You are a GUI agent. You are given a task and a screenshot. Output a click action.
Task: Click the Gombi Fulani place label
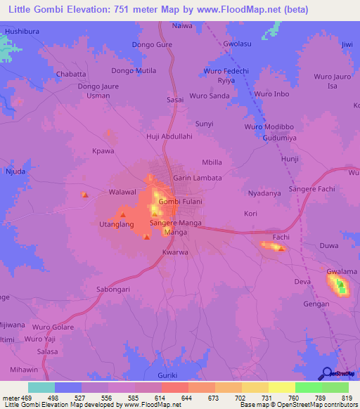[x=181, y=202]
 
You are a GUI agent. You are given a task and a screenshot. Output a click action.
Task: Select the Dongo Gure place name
[x=152, y=44]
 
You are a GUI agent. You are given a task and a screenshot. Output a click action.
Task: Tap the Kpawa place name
[x=103, y=150]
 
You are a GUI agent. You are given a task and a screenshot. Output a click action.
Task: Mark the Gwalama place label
[x=339, y=270]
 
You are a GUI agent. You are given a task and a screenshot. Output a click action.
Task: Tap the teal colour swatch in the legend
[x=41, y=387]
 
